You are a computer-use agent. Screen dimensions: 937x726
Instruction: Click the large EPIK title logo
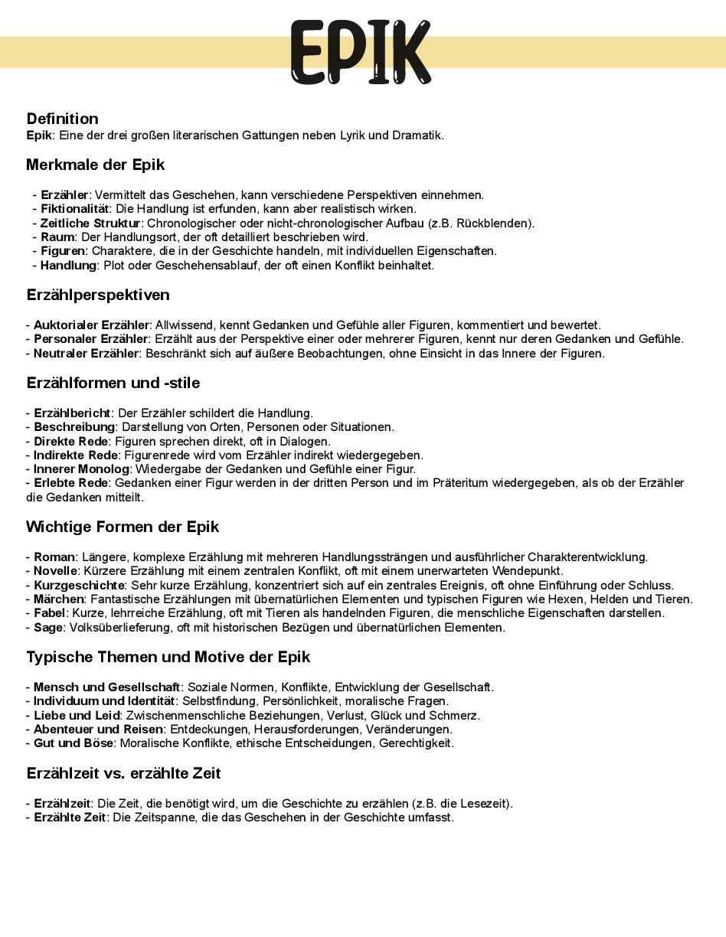point(361,52)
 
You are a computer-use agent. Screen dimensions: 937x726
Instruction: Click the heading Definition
point(62,119)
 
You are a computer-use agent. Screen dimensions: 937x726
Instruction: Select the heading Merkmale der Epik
point(95,165)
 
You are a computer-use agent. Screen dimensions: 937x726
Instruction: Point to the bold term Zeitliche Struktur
point(91,224)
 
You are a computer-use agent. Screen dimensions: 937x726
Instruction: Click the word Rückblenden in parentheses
point(497,224)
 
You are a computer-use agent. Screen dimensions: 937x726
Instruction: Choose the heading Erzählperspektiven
point(98,295)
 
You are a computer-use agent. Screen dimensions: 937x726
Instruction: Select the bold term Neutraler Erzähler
point(87,354)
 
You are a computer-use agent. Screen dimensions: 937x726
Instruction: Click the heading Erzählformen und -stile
point(113,382)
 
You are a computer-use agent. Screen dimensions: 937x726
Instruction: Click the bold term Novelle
point(55,571)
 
